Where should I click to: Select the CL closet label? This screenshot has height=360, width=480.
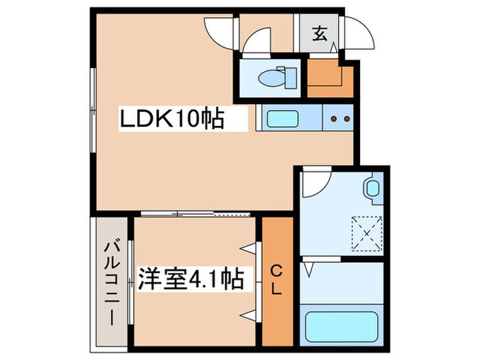click(x=276, y=280)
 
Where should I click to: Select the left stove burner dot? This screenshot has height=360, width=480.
click(x=334, y=119)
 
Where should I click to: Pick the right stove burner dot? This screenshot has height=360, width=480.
click(x=346, y=119)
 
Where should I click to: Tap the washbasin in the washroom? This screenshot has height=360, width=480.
click(x=372, y=189)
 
